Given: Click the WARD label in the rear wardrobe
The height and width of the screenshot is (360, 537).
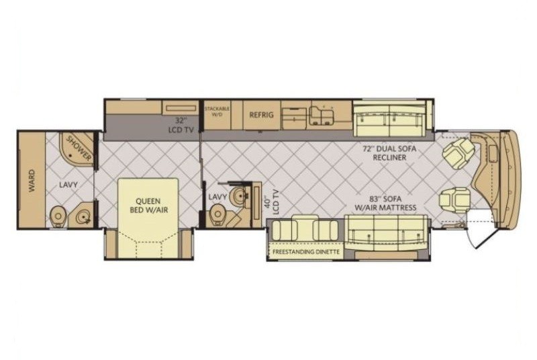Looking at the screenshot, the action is pyautogui.click(x=32, y=181).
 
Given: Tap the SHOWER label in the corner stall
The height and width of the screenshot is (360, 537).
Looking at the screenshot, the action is pyautogui.click(x=79, y=148).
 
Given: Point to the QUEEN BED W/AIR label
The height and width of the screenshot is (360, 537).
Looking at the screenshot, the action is pyautogui.click(x=149, y=205).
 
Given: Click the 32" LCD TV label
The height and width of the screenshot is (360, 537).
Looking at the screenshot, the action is pyautogui.click(x=181, y=125).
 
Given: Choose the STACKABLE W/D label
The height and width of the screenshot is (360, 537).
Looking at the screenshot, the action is pyautogui.click(x=217, y=111).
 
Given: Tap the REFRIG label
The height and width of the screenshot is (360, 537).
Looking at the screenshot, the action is pyautogui.click(x=261, y=115).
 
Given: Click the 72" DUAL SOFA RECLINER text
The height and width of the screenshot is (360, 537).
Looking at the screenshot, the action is pyautogui.click(x=389, y=153).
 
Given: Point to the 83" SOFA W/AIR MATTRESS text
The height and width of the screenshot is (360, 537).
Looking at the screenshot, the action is pyautogui.click(x=385, y=203).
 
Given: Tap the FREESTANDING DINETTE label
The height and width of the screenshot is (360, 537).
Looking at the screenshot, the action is pyautogui.click(x=306, y=252).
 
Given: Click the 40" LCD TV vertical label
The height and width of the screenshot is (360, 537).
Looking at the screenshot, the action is pyautogui.click(x=273, y=202).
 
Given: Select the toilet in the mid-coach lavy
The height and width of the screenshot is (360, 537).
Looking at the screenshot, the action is pyautogui.click(x=217, y=215).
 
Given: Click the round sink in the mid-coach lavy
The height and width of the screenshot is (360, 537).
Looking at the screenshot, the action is pyautogui.click(x=238, y=195).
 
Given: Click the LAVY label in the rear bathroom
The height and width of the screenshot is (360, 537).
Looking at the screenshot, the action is pyautogui.click(x=68, y=185).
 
